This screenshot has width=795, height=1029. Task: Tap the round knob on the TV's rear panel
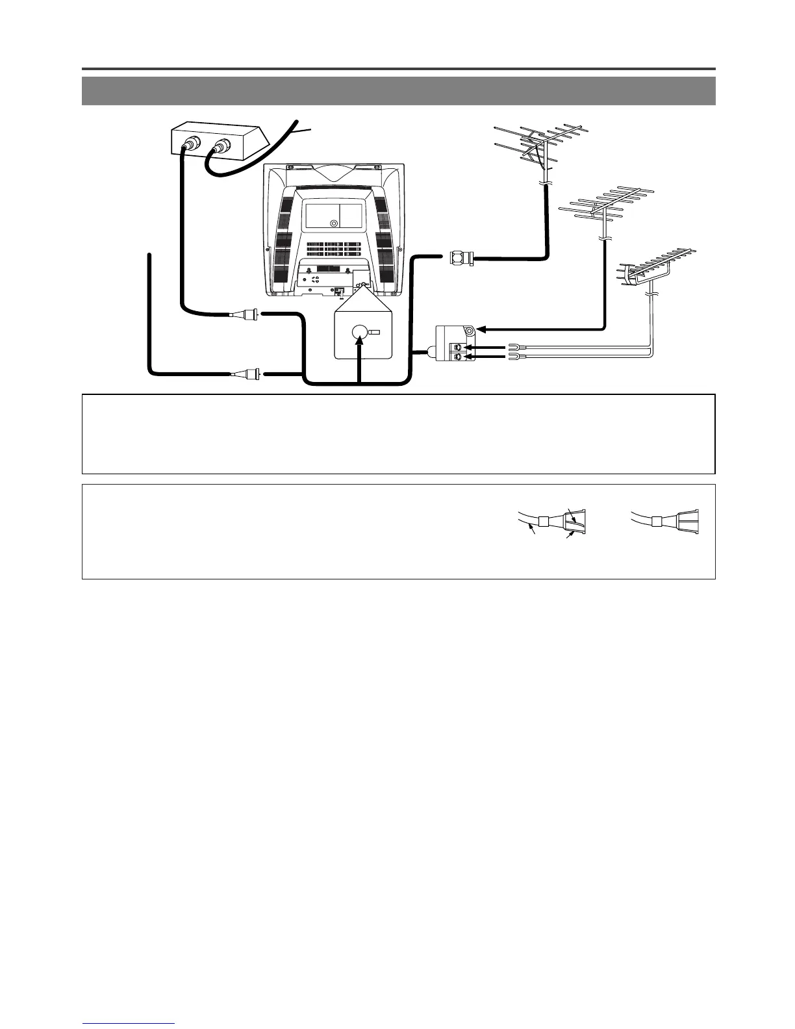click(333, 223)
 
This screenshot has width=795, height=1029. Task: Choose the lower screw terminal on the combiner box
click(458, 357)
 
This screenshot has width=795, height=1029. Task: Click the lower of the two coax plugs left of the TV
click(249, 374)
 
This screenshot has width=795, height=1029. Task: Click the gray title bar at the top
click(398, 91)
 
